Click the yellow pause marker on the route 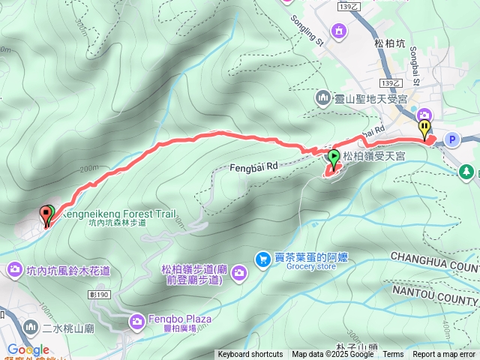[424, 129]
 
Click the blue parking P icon [451, 139]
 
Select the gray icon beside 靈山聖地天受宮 [322, 98]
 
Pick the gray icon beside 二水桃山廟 [30, 327]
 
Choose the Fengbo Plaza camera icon [137, 322]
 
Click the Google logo [28, 349]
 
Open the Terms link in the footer [393, 355]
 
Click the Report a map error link [445, 355]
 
